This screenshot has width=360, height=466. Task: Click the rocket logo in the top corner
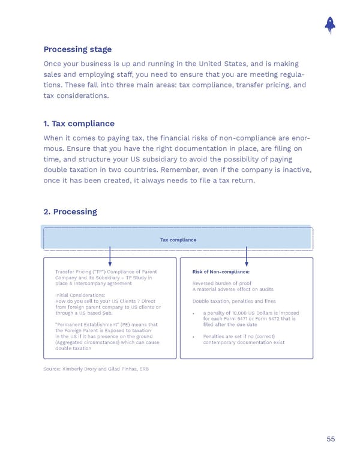tap(329, 23)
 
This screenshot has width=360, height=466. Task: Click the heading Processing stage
tap(77, 49)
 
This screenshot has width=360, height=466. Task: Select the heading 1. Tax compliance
tap(79, 124)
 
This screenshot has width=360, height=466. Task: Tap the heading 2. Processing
tap(70, 212)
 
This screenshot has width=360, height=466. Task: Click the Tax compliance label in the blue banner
tap(178, 240)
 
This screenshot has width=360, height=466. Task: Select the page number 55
tap(331, 439)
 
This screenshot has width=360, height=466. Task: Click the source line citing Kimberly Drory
tap(95, 368)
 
